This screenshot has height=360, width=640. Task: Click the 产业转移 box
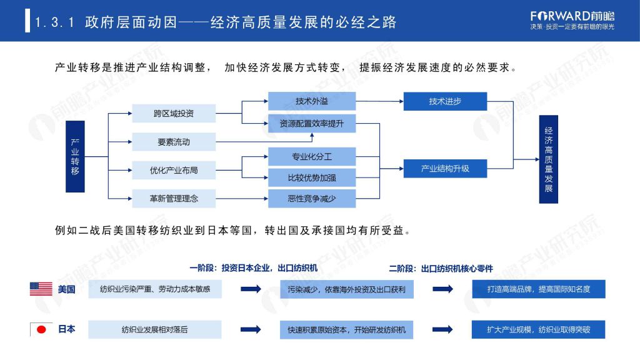point(75,156)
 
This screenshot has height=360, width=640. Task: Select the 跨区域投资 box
point(174,114)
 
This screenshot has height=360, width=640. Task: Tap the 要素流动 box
point(174,142)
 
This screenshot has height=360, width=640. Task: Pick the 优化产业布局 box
point(174,170)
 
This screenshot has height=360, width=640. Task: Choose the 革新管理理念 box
point(174,199)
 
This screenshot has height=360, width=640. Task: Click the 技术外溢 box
point(312,101)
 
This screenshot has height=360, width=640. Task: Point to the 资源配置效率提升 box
point(312,123)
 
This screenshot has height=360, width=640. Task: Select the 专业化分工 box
point(312,157)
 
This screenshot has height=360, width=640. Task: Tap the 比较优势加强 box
point(312,178)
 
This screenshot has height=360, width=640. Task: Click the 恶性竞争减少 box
point(312,199)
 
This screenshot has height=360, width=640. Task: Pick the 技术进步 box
point(445,101)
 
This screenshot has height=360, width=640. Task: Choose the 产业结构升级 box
point(445,169)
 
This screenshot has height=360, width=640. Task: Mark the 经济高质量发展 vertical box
point(549,159)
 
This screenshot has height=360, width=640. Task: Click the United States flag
point(41,289)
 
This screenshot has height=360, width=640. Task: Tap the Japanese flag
point(41,329)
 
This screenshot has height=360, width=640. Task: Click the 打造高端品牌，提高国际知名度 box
point(539,289)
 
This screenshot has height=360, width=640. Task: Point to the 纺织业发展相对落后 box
point(155,329)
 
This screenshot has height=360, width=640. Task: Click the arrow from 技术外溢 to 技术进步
point(379,101)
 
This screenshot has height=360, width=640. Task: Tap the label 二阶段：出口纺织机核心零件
point(441,269)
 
